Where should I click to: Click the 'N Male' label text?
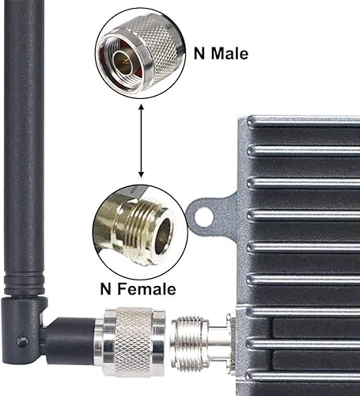221,55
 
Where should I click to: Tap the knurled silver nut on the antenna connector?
131,341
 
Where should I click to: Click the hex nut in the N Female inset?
119,225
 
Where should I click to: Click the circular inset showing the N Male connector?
139,54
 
